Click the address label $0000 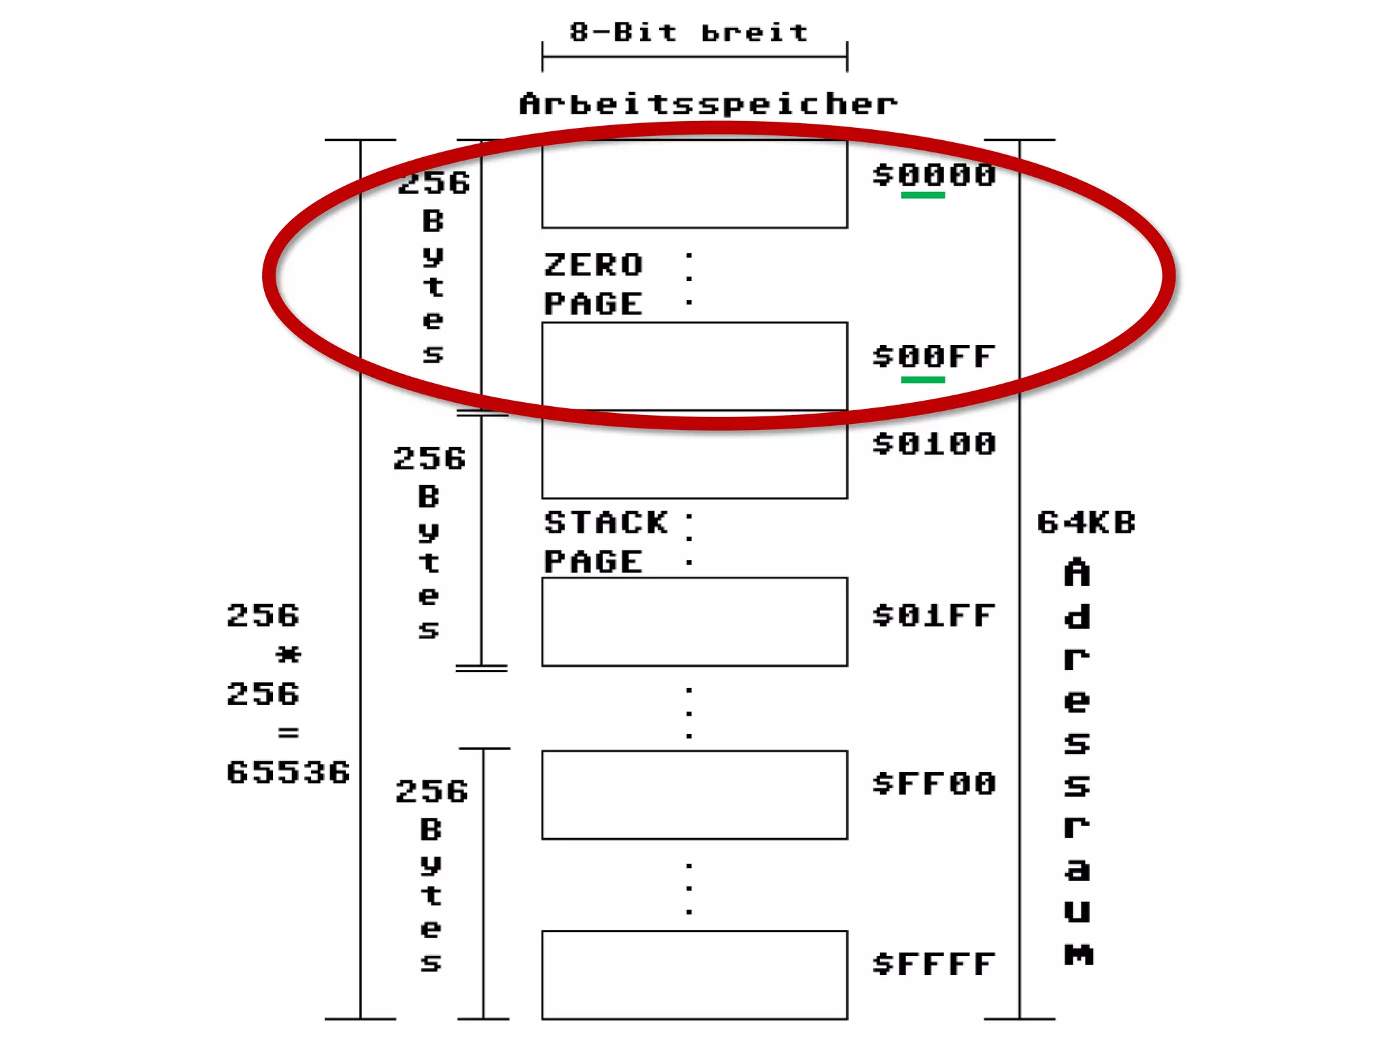935,176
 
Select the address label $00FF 935,356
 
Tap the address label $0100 935,444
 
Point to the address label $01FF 935,616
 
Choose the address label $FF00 935,784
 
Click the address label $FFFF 935,964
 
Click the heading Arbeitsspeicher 708,104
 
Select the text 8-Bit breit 689,32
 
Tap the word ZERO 594,265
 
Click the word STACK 606,522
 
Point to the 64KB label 1086,522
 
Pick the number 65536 288,772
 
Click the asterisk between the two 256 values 288,655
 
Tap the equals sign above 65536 288,733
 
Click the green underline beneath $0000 923,195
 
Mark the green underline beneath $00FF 923,380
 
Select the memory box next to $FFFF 694,974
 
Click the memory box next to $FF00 694,795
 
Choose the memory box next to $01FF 694,621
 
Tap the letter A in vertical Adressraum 1077,573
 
